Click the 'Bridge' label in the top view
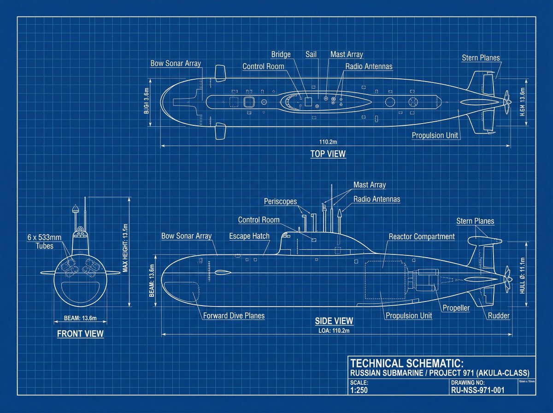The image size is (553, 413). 281,54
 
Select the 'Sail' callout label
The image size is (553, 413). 311,54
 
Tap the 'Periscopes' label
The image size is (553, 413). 280,201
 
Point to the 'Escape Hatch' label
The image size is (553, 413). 249,236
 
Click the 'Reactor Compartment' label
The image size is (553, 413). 422,236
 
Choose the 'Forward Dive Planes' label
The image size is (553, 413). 234,316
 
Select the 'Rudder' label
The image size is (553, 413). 499,316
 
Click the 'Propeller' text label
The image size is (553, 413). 456,308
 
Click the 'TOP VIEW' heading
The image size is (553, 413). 328,154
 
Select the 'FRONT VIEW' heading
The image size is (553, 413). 80,333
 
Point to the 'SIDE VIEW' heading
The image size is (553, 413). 334,321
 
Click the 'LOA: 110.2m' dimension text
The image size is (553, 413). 334,330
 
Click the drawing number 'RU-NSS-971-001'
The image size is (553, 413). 477,390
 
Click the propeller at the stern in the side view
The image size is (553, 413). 507,277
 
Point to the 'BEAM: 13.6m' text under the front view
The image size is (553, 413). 80,318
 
